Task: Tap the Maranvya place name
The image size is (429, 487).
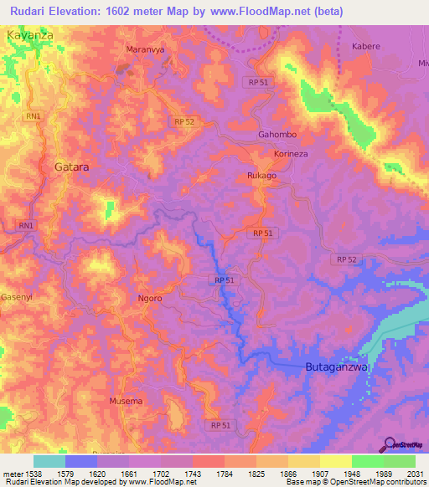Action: coord(143,49)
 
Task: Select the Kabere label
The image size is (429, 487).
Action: coord(366,46)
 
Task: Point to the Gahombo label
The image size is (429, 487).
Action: coord(277,135)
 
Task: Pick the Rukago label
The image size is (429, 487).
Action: coord(261,176)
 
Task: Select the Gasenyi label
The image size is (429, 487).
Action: coord(14,296)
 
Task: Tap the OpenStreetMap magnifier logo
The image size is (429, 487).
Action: coord(390,443)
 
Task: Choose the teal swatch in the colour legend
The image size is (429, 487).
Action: coord(49,461)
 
